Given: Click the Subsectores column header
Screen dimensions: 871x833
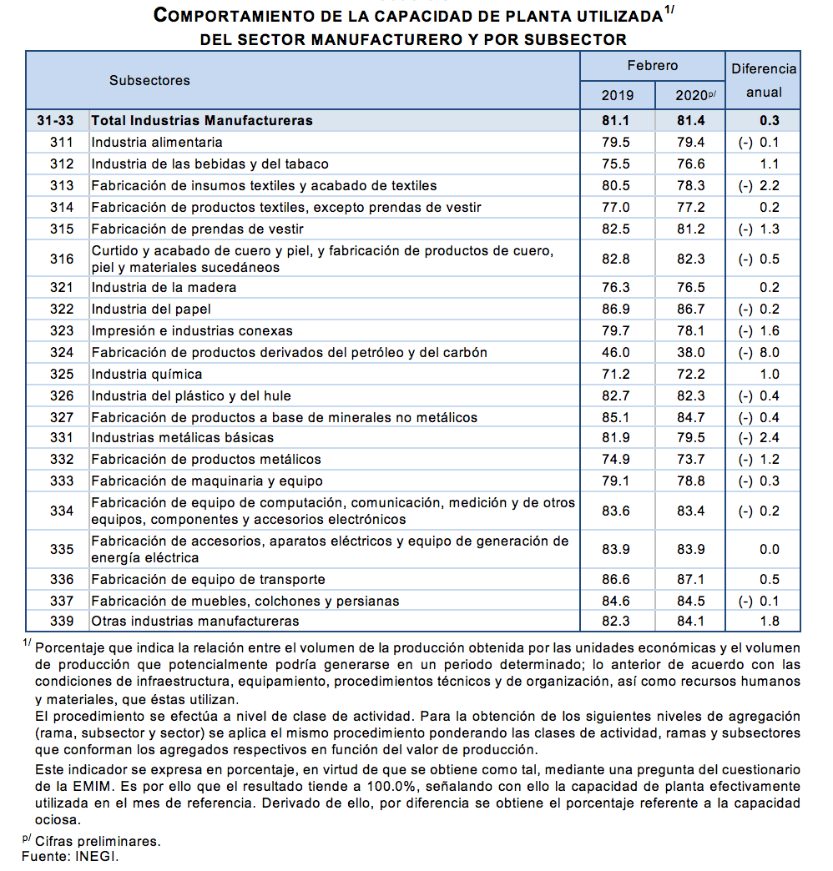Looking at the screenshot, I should [149, 80].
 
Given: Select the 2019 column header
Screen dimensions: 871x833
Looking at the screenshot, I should [618, 94].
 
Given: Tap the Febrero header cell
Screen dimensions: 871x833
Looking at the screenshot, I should [653, 65].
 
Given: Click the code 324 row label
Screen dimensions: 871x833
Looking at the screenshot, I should [62, 352].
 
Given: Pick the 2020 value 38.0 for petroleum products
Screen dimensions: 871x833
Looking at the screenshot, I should [690, 352].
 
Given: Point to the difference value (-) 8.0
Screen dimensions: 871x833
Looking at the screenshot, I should [759, 352].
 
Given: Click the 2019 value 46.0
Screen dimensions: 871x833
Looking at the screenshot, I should [616, 352].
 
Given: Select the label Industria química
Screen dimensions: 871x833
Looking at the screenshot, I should [147, 374].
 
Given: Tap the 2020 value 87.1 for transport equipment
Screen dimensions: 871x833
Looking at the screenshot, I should [690, 579].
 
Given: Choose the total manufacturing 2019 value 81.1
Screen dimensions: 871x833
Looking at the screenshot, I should [616, 120].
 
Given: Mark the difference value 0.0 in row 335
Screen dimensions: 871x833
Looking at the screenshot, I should [769, 549].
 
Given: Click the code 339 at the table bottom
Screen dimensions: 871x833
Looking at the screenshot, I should [62, 621].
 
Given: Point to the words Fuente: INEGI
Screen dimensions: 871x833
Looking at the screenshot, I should [70, 857].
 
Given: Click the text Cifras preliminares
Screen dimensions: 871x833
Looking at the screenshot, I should [98, 841].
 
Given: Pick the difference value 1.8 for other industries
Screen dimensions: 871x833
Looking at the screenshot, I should [769, 621].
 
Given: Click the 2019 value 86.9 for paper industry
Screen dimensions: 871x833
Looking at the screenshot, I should [616, 309].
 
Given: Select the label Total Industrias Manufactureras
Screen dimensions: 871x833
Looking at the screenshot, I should [202, 120].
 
